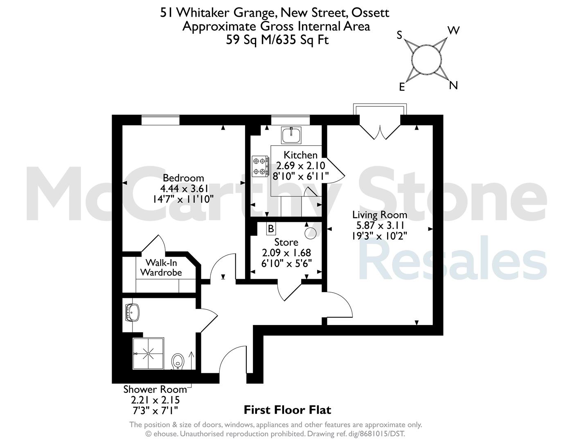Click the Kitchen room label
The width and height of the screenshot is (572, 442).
(300, 155)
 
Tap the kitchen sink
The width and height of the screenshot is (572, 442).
(291, 135)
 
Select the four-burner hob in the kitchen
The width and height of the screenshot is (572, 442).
(260, 166)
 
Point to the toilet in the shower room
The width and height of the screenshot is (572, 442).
(178, 361)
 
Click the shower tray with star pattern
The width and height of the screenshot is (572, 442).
(149, 354)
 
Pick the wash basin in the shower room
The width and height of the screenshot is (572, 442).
(133, 313)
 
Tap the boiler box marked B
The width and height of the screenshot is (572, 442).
(270, 229)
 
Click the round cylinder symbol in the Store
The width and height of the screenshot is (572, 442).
(311, 233)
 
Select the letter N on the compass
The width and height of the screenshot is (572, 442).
(453, 85)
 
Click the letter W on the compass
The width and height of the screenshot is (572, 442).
(453, 31)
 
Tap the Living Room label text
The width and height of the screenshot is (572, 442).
(380, 215)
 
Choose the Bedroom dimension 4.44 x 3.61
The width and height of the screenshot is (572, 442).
(184, 189)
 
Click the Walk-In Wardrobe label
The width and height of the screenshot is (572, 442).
(161, 268)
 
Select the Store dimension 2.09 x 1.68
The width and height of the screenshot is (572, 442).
(286, 253)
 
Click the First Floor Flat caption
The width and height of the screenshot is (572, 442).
(288, 410)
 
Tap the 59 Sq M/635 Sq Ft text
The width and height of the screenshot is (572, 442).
(277, 40)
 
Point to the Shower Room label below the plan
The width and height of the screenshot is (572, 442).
(155, 389)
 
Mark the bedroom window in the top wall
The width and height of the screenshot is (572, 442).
(160, 120)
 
